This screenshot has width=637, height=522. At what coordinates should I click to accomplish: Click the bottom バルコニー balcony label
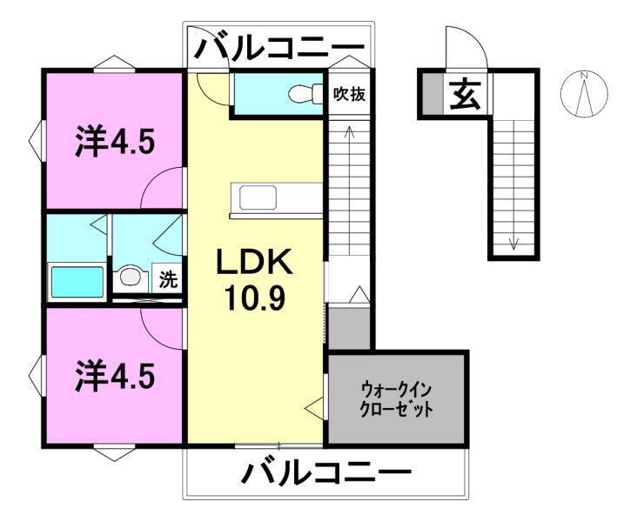coord(325,475)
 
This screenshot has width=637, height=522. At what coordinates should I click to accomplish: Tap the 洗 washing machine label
coord(169,280)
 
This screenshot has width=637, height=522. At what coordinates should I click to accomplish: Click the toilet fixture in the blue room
coord(304,91)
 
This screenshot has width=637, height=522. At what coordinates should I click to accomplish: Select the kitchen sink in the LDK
coord(277,199)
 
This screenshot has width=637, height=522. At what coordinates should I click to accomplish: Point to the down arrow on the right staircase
coord(513,242)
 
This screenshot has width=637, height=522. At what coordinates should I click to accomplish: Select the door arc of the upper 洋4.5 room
coord(165,190)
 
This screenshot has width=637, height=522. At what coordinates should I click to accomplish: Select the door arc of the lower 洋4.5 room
coord(165,329)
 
